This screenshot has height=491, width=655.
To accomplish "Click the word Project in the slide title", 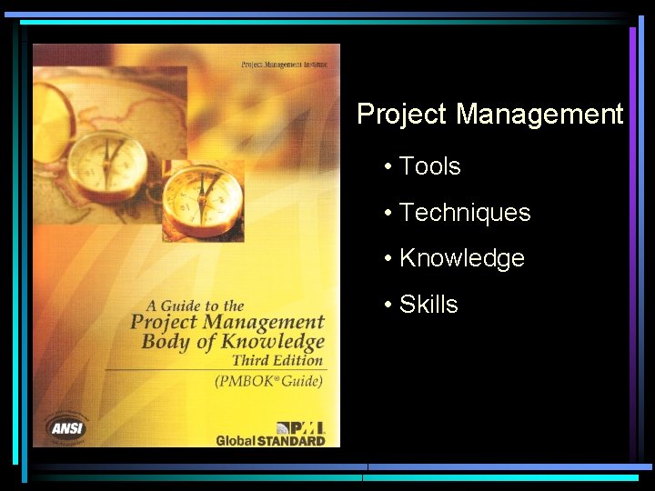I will (402, 115).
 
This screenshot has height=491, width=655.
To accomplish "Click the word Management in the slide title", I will (539, 115).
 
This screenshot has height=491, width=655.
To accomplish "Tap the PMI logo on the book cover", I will (299, 426).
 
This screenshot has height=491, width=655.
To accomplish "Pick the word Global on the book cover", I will (235, 441).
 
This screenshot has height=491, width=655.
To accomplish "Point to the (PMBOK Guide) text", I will (268, 382).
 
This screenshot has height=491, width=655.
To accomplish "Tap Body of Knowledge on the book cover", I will (233, 342).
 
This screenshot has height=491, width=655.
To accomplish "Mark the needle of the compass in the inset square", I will (206, 191).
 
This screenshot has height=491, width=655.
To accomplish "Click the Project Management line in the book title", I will (227, 323).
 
